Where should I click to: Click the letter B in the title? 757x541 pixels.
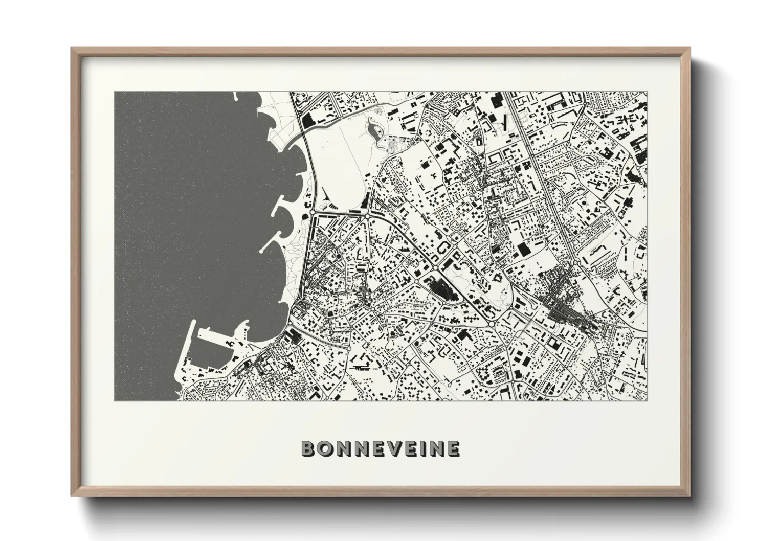click(309, 449)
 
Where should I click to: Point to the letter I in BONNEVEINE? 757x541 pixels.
click(424, 449)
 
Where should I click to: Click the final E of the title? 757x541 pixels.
click(452, 449)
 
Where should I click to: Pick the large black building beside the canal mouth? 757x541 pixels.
click(309, 122)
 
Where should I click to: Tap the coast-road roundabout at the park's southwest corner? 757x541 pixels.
click(313, 211)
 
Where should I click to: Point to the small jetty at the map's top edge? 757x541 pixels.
click(235, 96)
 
